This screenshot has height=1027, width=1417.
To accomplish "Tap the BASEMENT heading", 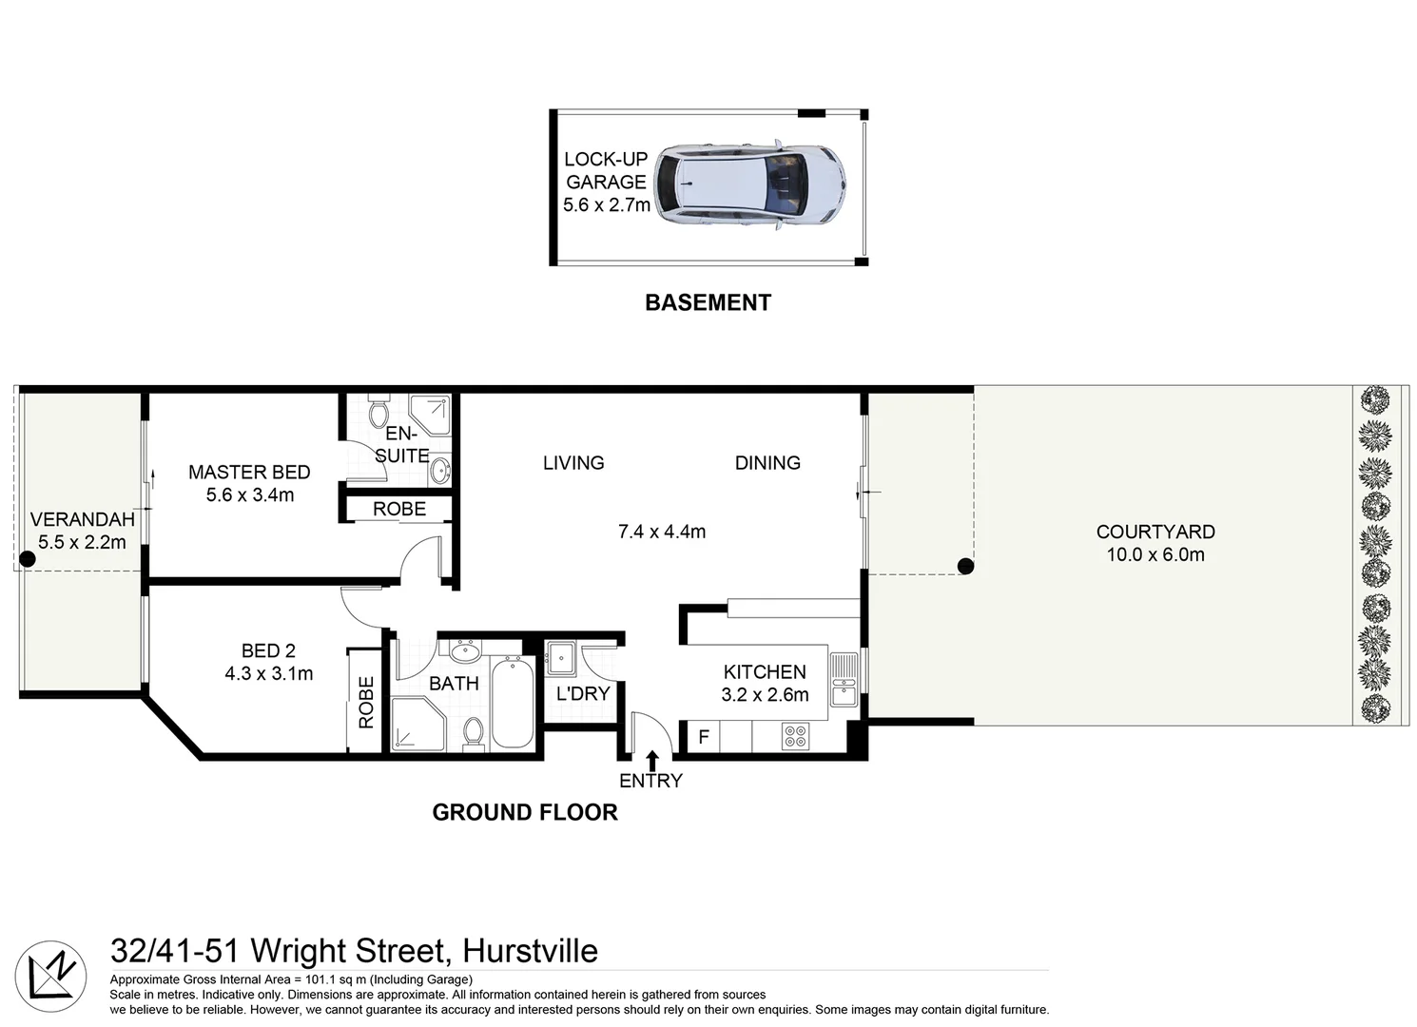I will (708, 302).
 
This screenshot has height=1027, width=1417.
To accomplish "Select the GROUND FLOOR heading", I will (525, 812).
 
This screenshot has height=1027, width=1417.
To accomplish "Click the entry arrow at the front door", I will (652, 760).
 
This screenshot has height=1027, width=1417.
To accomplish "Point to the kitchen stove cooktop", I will (795, 736).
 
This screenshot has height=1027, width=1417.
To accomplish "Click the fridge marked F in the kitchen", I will (704, 737).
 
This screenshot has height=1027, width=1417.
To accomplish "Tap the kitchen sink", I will (844, 679).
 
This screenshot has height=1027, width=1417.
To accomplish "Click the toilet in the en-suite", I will (379, 413).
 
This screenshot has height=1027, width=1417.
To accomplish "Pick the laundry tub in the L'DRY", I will (558, 657).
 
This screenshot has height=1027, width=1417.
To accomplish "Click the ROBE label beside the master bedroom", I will (399, 509).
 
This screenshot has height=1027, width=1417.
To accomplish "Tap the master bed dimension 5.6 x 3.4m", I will (250, 494).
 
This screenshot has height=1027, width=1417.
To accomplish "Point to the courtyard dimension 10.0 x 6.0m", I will (1155, 554).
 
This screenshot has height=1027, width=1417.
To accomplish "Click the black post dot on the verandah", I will (28, 560).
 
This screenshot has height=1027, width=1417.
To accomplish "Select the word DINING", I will (767, 463).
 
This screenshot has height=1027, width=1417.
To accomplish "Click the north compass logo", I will (51, 977).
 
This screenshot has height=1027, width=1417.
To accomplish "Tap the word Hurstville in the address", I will (530, 950).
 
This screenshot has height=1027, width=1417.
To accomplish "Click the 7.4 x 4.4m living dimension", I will (662, 532).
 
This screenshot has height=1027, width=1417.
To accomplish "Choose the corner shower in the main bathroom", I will (416, 725).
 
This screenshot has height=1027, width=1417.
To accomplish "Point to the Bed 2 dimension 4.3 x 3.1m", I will (269, 673).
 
